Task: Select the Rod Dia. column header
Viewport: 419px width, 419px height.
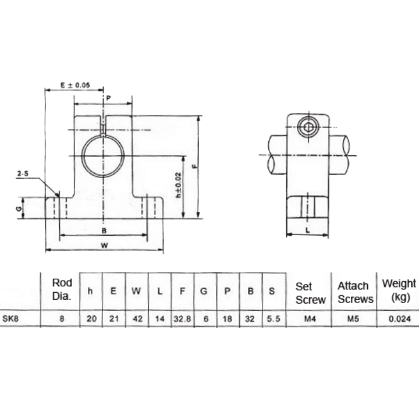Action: [62, 289]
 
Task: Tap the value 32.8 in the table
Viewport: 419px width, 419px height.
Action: [182, 318]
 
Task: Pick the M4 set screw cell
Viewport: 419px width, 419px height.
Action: [308, 318]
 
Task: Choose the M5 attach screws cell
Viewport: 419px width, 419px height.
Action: [354, 318]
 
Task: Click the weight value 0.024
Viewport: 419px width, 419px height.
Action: [398, 318]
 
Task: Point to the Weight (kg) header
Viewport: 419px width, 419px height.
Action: [399, 289]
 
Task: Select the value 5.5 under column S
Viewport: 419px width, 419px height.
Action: [272, 318]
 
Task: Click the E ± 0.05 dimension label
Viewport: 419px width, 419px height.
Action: [75, 85]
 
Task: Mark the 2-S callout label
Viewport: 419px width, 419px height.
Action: [23, 173]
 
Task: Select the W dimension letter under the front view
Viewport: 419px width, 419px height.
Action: [104, 246]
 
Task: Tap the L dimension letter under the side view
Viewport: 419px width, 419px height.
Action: [307, 230]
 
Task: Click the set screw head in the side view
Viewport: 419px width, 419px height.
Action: [307, 127]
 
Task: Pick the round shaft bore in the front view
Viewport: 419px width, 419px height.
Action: [104, 156]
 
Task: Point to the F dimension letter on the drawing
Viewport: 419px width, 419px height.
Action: [195, 166]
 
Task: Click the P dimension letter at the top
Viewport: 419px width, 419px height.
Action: [108, 98]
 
